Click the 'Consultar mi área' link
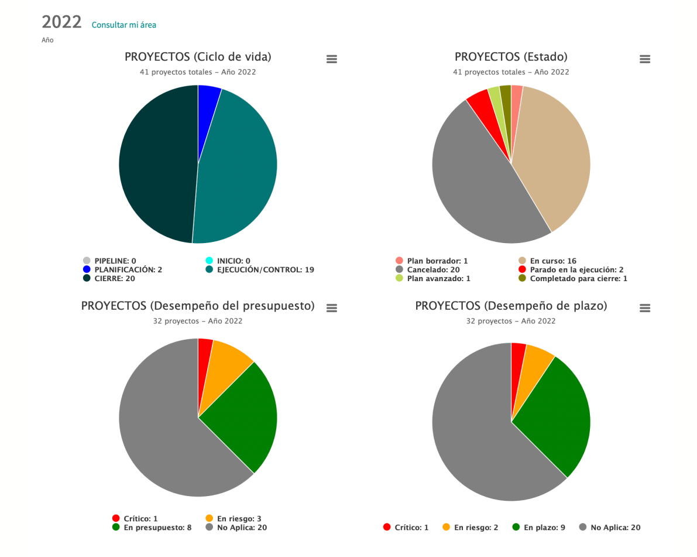[123, 25]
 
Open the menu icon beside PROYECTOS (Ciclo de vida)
[331, 59]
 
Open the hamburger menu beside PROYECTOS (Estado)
[645, 59]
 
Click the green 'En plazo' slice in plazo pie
[556, 416]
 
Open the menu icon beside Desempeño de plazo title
[645, 308]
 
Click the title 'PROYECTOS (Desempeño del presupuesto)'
[198, 306]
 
